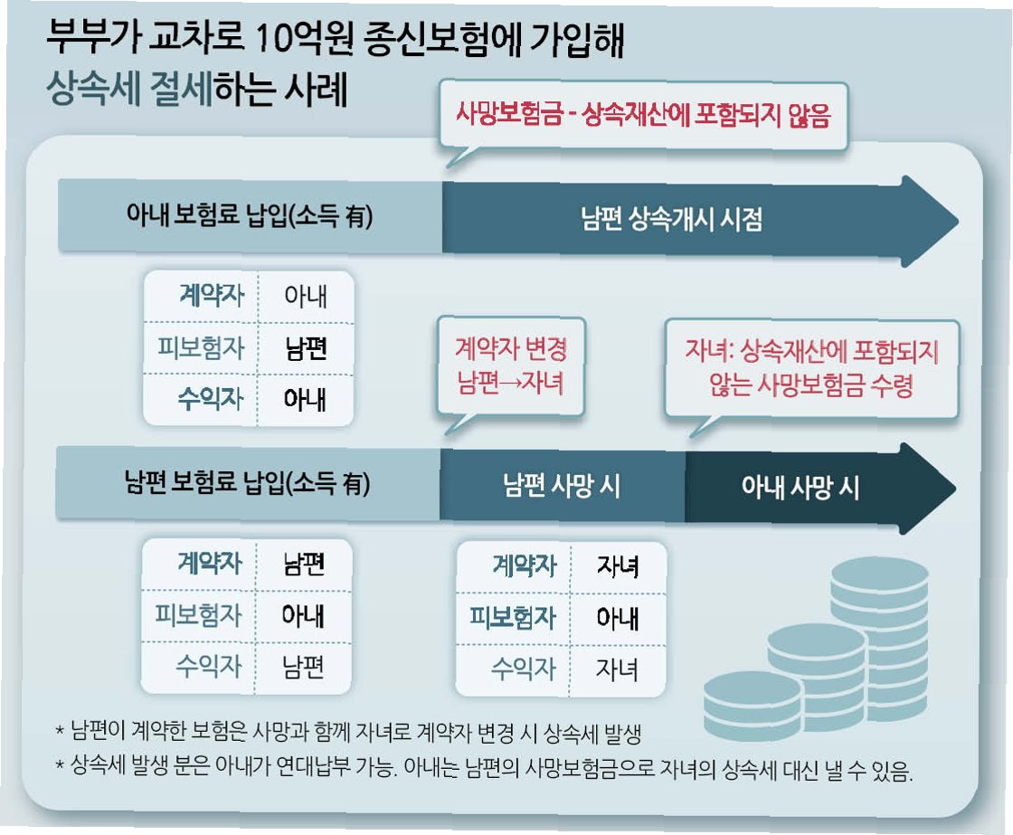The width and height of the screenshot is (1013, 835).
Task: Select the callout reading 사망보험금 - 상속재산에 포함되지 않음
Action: tap(641, 116)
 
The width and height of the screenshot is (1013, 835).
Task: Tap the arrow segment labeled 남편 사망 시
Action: tap(562, 486)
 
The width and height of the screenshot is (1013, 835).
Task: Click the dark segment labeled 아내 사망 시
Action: tap(800, 488)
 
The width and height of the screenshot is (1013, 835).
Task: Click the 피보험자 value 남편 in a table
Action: tap(305, 348)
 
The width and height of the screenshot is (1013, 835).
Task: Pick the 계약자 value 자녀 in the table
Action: tap(618, 566)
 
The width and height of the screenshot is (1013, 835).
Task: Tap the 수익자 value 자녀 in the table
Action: tap(618, 669)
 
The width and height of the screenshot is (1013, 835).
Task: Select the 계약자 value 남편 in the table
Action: tap(304, 565)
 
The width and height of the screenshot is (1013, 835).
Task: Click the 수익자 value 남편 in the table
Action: tap(304, 668)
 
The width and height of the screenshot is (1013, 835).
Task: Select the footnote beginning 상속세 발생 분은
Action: tap(488, 770)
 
